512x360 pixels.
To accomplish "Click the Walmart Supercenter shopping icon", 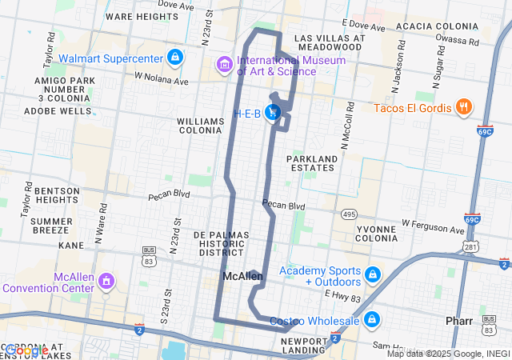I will pyautogui.click(x=175, y=58).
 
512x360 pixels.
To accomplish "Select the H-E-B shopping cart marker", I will pyautogui.click(x=273, y=114).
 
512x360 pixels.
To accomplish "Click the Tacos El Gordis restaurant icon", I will pyautogui.click(x=462, y=107).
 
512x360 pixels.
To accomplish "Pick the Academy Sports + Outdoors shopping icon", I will pyautogui.click(x=372, y=275).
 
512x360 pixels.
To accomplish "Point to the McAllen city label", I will pyautogui.click(x=242, y=277).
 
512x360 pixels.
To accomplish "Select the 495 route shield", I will pyautogui.click(x=349, y=214).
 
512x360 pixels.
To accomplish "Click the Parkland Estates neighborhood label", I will pyautogui.click(x=311, y=162).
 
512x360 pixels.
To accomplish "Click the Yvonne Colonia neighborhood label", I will pyautogui.click(x=376, y=234).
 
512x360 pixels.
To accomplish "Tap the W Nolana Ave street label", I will pyautogui.click(x=161, y=79).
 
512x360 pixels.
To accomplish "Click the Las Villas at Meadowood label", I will pyautogui.click(x=330, y=42).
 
